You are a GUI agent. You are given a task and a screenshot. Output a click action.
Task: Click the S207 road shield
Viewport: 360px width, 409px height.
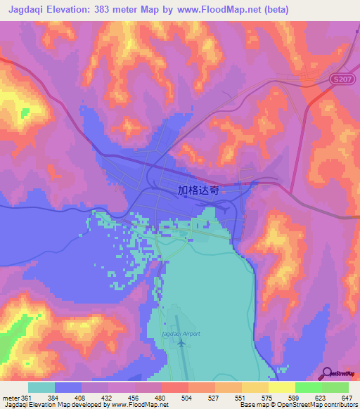[341, 81]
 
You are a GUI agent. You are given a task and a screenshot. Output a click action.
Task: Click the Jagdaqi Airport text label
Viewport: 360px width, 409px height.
[181, 333]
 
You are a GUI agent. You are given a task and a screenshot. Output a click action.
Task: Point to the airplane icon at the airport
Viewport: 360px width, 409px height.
[181, 344]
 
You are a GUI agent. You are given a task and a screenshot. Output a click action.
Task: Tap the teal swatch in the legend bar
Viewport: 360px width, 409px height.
[41, 387]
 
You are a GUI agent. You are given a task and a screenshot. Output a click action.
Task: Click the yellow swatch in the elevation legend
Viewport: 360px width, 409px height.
[281, 387]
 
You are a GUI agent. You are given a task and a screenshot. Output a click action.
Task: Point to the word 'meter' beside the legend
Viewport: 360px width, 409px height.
[10, 397]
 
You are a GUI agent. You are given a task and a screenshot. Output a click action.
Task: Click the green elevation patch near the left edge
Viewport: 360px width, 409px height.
[25, 112]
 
